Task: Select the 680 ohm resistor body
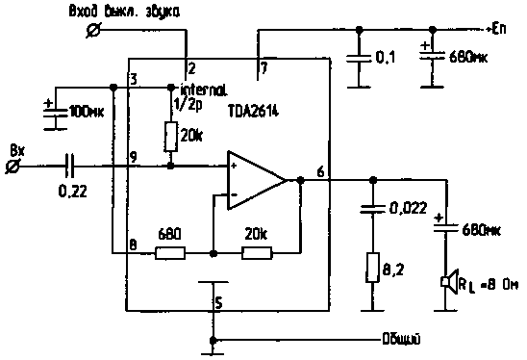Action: (172, 253)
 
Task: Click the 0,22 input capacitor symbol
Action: (68, 165)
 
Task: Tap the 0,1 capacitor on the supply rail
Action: (359, 59)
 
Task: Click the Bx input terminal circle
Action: (14, 166)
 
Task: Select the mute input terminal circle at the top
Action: (93, 32)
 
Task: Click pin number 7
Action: (263, 68)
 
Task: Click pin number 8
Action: (134, 244)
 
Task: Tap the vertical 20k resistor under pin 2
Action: (171, 137)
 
